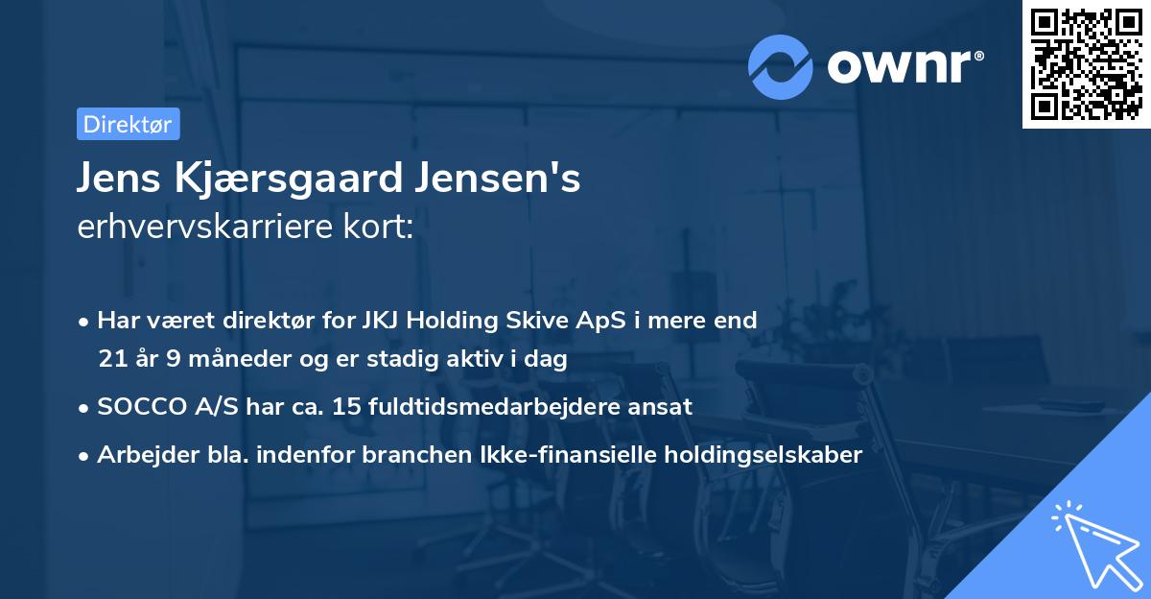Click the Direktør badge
128,124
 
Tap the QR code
1086,64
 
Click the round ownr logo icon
780,67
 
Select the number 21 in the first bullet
110,360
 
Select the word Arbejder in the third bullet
139,455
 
